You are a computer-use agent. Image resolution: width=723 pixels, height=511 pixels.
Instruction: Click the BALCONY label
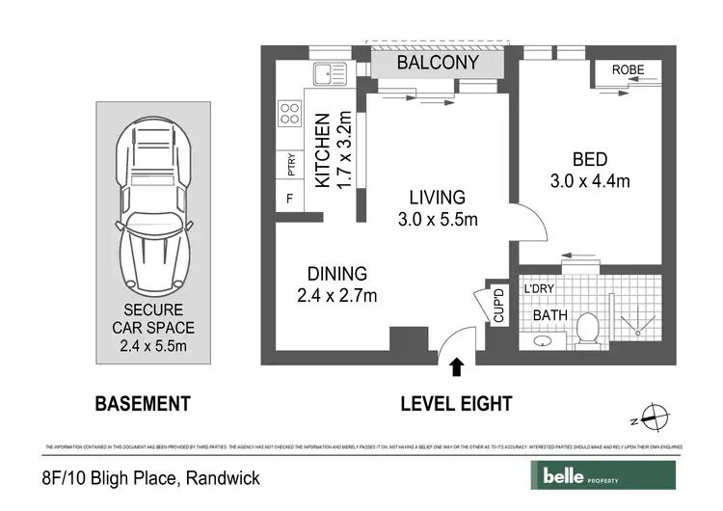(439, 65)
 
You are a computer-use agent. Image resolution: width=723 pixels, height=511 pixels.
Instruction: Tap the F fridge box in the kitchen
(288, 200)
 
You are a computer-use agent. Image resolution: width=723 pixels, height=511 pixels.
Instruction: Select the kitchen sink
(333, 72)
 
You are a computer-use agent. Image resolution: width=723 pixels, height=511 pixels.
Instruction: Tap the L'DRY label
(539, 288)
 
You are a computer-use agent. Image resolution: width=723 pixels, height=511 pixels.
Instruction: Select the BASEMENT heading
(142, 404)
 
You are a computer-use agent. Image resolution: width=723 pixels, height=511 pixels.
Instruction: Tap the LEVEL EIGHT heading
(456, 404)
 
